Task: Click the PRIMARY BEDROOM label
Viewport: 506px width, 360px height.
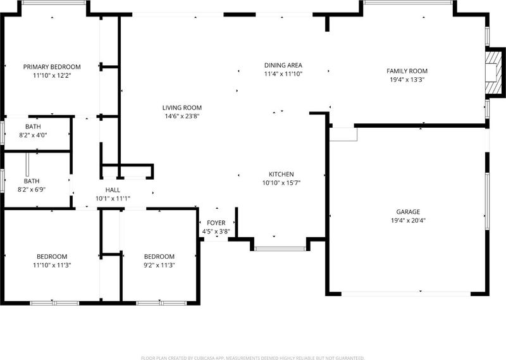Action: [x=52, y=67]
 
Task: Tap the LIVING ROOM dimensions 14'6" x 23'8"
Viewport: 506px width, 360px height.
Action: [x=182, y=116]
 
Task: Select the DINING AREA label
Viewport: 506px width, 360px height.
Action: [x=283, y=65]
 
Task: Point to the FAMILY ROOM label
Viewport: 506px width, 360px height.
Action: [x=407, y=71]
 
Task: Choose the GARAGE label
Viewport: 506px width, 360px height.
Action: [x=408, y=212]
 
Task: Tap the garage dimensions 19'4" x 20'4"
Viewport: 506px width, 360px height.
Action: [x=408, y=221]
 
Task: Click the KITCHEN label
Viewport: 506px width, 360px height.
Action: [x=281, y=175]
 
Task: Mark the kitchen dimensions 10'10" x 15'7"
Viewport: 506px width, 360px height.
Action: [x=281, y=183]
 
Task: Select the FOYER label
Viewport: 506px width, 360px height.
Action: [x=216, y=223]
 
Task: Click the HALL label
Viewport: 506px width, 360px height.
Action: [x=113, y=190]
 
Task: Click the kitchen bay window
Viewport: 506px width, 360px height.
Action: [x=280, y=249]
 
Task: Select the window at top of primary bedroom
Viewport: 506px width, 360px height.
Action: [x=54, y=3]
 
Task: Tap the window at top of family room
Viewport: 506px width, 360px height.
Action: [x=408, y=3]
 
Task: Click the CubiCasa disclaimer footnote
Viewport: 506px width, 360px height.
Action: [x=252, y=357]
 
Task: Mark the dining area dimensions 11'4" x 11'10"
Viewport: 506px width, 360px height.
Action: [x=283, y=74]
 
